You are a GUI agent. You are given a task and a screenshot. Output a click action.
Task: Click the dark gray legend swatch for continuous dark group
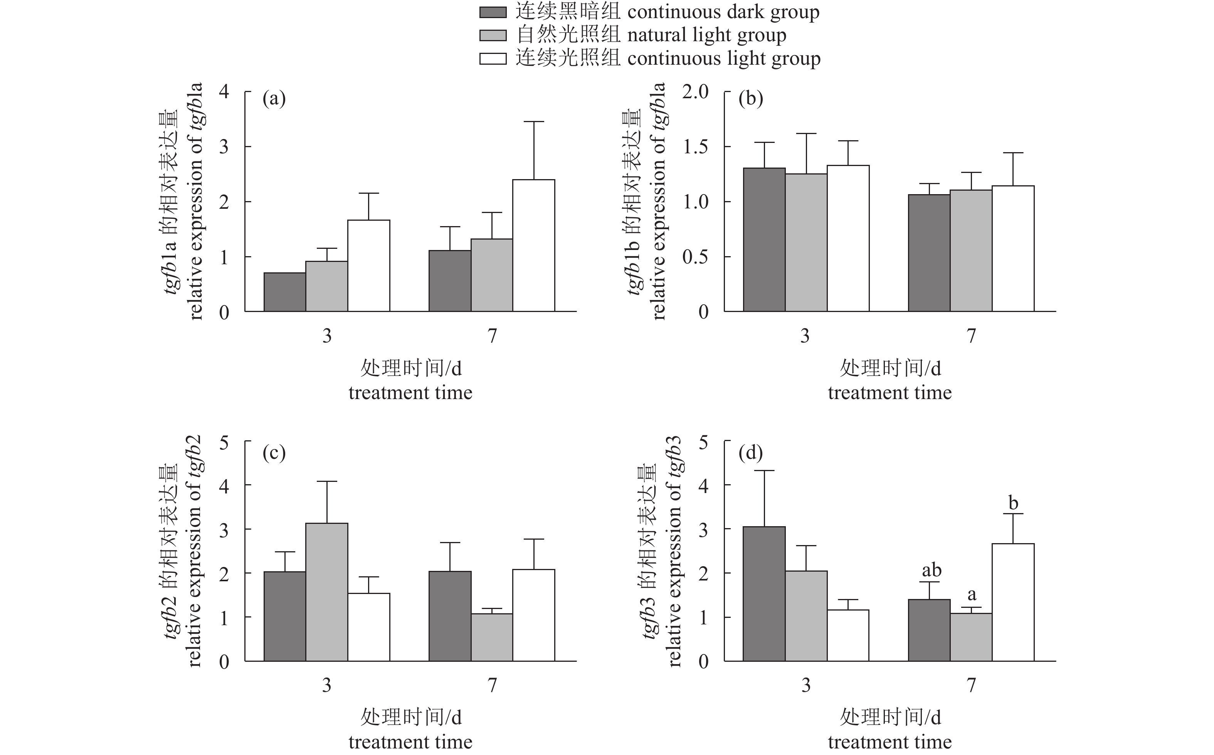click(x=493, y=12)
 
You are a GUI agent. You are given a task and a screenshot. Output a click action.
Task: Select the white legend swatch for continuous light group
click(x=493, y=59)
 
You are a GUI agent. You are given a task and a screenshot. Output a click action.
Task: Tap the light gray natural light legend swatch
click(x=493, y=35)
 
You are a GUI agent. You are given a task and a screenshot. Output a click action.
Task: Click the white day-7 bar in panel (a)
click(x=533, y=246)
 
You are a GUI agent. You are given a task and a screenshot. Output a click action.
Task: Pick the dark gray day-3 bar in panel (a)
click(x=285, y=292)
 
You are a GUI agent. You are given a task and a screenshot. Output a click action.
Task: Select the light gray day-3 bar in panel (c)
click(x=327, y=592)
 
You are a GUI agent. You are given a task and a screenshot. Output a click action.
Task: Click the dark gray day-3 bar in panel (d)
click(x=764, y=594)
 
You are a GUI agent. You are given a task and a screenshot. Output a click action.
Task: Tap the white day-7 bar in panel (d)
click(x=1013, y=602)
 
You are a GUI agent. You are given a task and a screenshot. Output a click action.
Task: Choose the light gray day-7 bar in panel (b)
click(x=971, y=251)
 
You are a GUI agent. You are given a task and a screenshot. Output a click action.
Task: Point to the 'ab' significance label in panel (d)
click(x=931, y=570)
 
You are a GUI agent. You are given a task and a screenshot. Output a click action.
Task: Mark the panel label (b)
click(x=751, y=99)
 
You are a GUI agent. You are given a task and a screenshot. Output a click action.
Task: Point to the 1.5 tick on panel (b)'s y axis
click(x=695, y=147)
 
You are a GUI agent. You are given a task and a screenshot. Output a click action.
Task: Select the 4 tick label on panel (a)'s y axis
click(x=224, y=92)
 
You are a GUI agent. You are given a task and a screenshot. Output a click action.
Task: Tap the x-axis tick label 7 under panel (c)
click(x=493, y=685)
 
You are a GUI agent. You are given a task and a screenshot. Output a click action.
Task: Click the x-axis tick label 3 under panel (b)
click(x=805, y=336)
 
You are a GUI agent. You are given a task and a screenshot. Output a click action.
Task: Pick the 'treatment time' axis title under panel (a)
click(x=410, y=393)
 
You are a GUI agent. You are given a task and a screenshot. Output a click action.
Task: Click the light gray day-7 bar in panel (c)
click(x=492, y=637)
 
